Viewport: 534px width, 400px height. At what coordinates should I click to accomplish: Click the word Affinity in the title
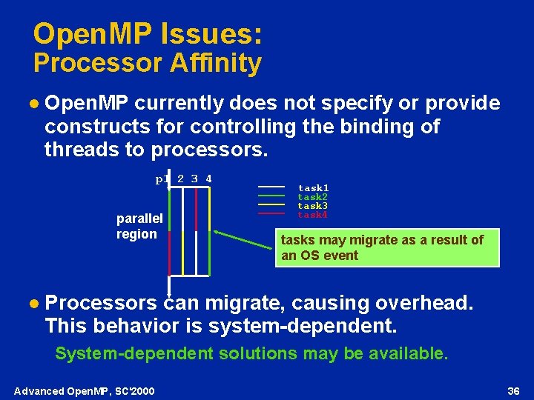215,64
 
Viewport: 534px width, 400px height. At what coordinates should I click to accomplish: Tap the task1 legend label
313,189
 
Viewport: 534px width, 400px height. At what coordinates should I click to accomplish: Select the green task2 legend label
313,198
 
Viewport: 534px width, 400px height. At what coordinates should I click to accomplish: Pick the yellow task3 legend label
313,206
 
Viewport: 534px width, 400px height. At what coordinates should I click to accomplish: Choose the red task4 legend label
313,215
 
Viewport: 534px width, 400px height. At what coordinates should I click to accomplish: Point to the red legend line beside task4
271,213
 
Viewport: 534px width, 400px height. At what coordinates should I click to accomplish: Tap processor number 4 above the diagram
209,179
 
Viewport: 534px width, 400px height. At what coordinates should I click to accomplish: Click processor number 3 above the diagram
194,179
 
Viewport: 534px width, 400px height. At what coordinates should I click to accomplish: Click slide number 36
512,390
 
